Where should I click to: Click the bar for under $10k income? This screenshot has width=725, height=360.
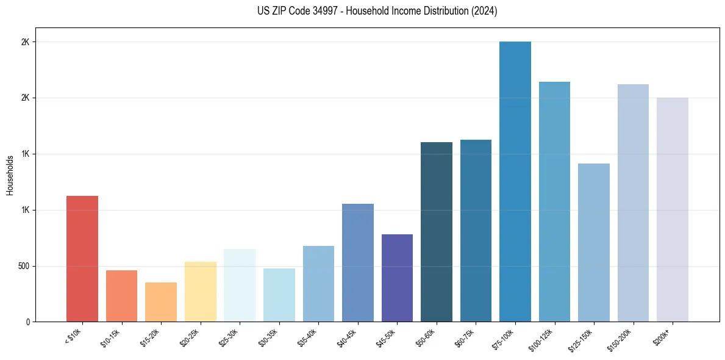tap(82, 259)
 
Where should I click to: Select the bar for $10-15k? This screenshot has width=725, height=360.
tap(121, 296)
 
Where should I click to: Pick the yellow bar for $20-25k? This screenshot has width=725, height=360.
tap(200, 292)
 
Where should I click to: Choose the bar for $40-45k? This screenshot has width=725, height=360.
tap(357, 262)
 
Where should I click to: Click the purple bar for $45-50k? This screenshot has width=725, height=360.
tap(397, 278)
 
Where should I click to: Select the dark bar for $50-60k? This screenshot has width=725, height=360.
tap(436, 232)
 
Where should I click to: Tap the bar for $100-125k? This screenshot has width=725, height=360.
tap(554, 201)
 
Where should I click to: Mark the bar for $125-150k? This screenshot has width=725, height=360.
tap(593, 242)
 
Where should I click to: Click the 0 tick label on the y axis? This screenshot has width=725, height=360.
tap(27, 322)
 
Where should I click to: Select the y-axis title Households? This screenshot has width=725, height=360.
tap(10, 175)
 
